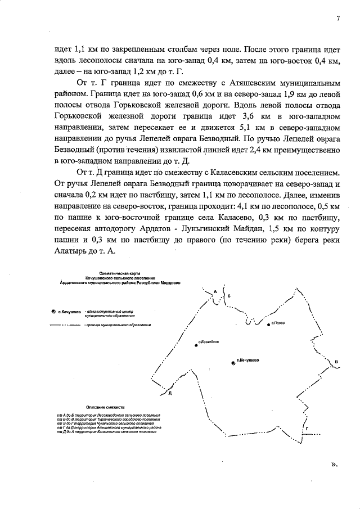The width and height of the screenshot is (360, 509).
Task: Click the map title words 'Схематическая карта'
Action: [x=116, y=272]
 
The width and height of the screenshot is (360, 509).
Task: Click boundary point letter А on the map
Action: [x=215, y=291]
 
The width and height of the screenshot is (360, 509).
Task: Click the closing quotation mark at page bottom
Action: [x=334, y=465]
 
